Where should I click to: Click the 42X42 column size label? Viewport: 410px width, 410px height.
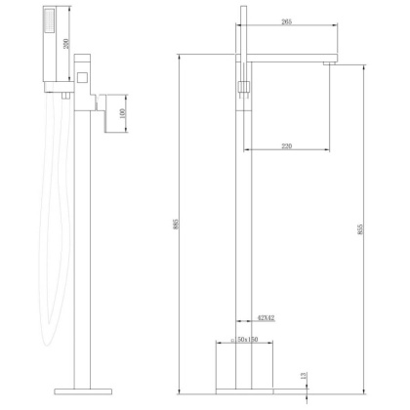(266, 317)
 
